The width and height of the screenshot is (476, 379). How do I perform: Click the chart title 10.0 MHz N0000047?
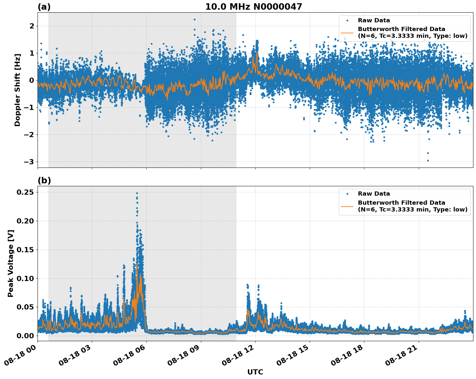tap(253, 7)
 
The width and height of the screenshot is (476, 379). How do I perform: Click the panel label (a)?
tap(44, 7)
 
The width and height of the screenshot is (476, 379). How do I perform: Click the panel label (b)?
tap(44, 180)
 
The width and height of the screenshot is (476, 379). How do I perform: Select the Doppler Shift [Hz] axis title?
tap(17, 90)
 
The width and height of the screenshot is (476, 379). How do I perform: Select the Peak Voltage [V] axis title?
tap(11, 264)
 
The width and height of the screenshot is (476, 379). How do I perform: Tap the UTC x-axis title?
tap(255, 372)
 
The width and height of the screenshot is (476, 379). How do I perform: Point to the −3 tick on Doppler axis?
tap(29, 162)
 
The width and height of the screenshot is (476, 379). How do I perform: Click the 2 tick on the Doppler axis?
tap(32, 26)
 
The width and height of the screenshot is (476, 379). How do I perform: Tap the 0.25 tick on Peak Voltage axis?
tap(25, 192)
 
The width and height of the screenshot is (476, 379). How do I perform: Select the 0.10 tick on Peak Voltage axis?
tap(25, 278)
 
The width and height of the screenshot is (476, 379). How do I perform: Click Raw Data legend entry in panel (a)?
tap(374, 20)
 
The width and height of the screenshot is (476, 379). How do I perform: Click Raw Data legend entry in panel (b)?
tap(374, 194)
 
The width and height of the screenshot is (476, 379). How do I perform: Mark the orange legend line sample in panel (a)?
tap(347, 33)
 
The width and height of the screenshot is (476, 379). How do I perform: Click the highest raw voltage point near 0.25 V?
tap(137, 193)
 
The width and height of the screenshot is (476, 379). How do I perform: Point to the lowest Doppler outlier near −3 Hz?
tap(428, 160)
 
